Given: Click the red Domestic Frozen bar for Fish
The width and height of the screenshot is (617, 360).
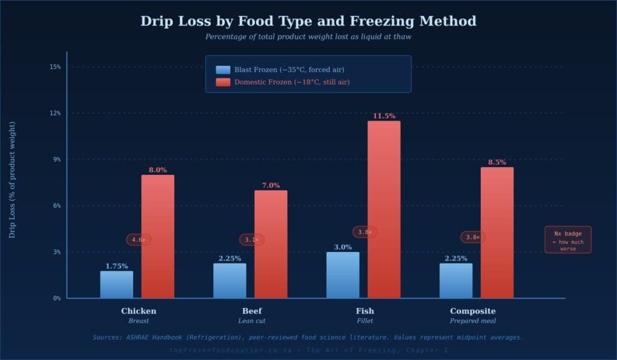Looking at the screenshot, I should click(384, 209).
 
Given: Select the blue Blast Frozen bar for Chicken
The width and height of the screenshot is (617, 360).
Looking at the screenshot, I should click(116, 285).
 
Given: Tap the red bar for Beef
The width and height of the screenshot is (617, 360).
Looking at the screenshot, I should click(271, 244).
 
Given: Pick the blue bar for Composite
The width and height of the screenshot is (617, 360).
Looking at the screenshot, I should click(456, 280).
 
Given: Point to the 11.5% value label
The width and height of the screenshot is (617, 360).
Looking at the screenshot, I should click(384, 116).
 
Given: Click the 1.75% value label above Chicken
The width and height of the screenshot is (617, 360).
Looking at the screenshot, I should click(116, 266).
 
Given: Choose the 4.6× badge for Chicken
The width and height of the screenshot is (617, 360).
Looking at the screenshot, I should click(139, 240).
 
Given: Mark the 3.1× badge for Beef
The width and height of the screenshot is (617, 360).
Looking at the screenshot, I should click(252, 240).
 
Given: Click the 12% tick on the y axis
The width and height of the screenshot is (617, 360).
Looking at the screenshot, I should click(55, 113).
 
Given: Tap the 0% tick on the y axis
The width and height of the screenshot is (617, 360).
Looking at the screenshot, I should click(57, 298).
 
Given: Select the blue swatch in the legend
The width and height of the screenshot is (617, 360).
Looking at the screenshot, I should click(223, 69).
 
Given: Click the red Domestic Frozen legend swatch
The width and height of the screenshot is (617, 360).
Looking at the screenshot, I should click(223, 82).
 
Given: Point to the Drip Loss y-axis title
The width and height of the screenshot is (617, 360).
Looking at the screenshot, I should click(12, 180).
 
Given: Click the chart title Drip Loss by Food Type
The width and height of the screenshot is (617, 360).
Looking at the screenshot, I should click(308, 21).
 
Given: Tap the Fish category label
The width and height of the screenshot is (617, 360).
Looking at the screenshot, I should click(365, 311).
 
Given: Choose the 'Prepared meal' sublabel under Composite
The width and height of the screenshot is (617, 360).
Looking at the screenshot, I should click(472, 321).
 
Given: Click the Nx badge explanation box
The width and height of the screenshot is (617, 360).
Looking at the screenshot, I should click(568, 239).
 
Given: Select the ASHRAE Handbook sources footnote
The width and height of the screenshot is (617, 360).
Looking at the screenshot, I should click(308, 337).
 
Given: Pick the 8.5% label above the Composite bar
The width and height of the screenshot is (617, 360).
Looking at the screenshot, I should click(497, 162).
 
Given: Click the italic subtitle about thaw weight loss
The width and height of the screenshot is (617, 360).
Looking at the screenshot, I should click(308, 37).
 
